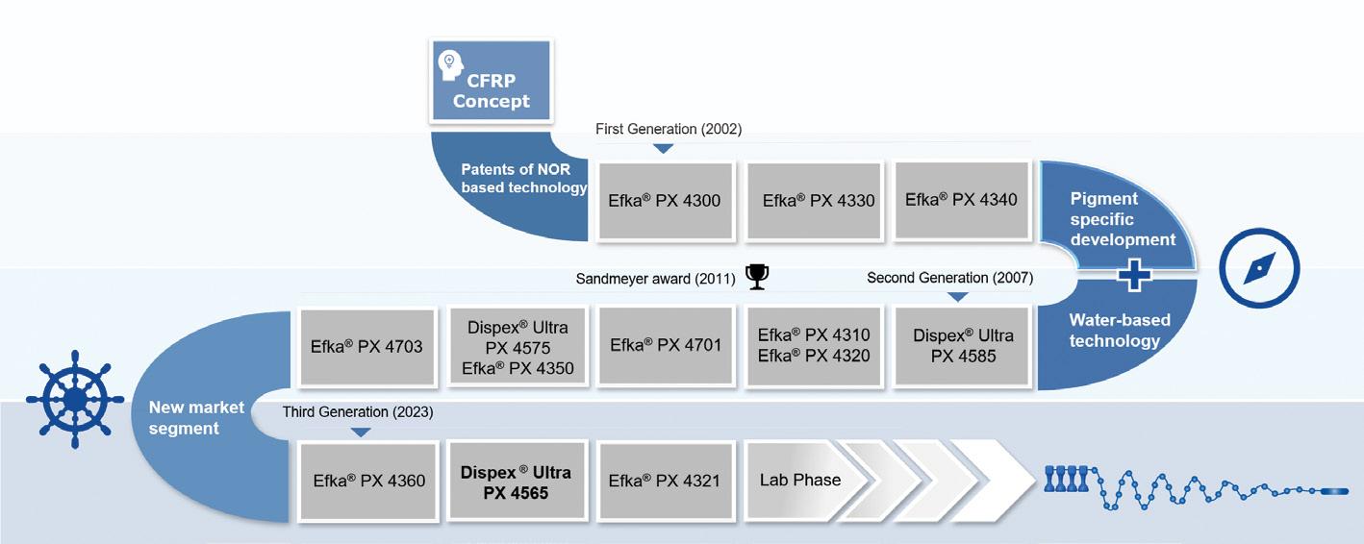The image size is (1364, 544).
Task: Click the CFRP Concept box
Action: pyautogui.click(x=492, y=83)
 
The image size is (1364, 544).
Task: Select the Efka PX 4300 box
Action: pyautogui.click(x=664, y=201)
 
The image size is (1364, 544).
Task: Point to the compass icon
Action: pyautogui.click(x=1259, y=268)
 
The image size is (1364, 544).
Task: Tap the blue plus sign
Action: pyautogui.click(x=1136, y=275)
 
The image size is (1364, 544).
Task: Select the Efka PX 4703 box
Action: pyautogui.click(x=367, y=345)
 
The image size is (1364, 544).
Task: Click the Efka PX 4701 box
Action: pyautogui.click(x=666, y=345)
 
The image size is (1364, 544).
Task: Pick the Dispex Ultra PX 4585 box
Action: pyautogui.click(x=963, y=346)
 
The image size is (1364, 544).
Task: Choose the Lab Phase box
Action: pyautogui.click(x=799, y=480)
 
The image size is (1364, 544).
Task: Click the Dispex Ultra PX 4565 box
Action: pyautogui.click(x=517, y=481)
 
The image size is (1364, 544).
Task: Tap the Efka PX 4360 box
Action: pyautogui.click(x=369, y=481)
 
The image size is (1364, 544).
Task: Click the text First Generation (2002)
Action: pyautogui.click(x=669, y=129)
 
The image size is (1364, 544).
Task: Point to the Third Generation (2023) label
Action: pyautogui.click(x=358, y=412)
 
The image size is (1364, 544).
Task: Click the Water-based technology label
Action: pyautogui.click(x=1114, y=331)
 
